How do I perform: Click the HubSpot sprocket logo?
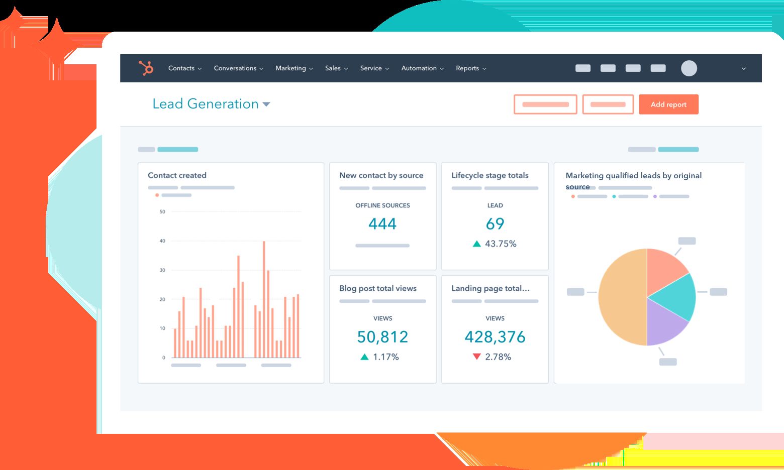coord(146,68)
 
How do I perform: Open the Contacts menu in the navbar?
coord(184,68)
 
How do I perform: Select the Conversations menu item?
coord(238,68)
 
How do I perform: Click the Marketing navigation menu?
coord(294,68)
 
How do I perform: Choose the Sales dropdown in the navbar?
coord(336,68)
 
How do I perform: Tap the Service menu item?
coord(374,68)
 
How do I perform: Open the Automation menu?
coord(422,68)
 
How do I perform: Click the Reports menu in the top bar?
coord(471,68)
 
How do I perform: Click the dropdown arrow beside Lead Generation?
coord(266,104)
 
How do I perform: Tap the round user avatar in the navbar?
coord(689,68)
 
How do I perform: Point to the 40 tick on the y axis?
coord(162,241)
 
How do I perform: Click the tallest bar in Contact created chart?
coord(264,299)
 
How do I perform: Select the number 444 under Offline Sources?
coord(382,224)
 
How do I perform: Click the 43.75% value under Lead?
coord(501,244)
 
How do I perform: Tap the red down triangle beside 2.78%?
coord(477,357)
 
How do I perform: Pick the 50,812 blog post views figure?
coord(382,337)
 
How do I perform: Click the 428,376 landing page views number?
coord(495,337)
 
